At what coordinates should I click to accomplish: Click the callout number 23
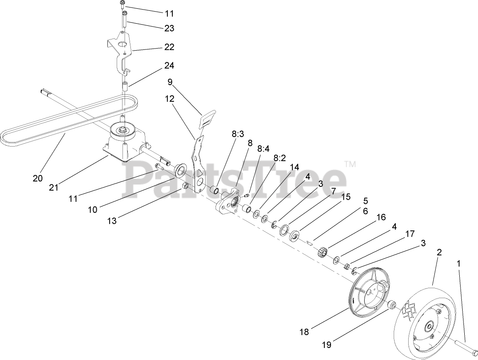coord(169,28)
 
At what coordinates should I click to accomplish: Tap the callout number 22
coord(169,47)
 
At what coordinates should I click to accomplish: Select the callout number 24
coord(169,66)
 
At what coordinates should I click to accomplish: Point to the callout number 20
coord(38,179)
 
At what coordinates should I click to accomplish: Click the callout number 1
coord(458,263)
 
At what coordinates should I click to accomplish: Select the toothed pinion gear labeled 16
coord(323,251)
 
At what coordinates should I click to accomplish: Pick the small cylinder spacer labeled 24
coord(123,88)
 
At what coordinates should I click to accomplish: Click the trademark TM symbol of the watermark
coord(350,164)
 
